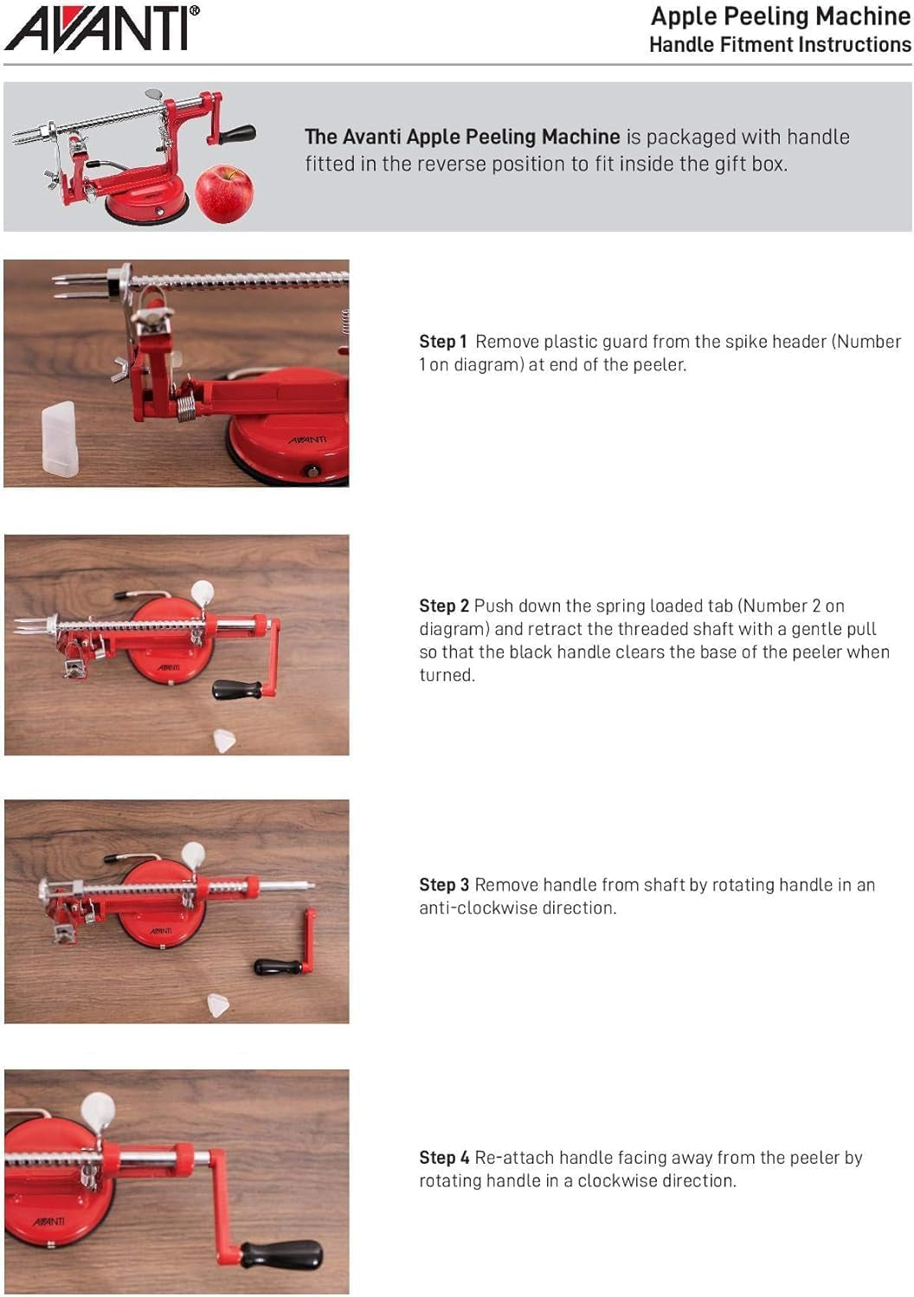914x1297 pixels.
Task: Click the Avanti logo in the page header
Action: coord(102,28)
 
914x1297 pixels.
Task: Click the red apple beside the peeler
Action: coord(224,193)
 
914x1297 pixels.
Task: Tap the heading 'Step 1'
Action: coord(442,342)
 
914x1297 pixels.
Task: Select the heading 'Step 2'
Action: coord(444,606)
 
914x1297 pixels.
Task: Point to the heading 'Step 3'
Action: coord(444,885)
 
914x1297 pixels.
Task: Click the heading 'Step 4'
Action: coord(444,1158)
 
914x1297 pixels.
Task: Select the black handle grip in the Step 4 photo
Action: coord(281,1255)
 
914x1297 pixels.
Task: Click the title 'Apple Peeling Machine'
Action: coord(780,16)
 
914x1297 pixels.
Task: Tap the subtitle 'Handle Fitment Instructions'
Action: coord(780,45)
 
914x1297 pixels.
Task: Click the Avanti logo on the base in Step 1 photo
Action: coord(307,440)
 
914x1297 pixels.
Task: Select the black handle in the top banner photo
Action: coord(236,134)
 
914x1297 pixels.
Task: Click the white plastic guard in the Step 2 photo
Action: coord(225,741)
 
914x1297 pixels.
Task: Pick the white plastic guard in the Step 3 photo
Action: coord(219,1005)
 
